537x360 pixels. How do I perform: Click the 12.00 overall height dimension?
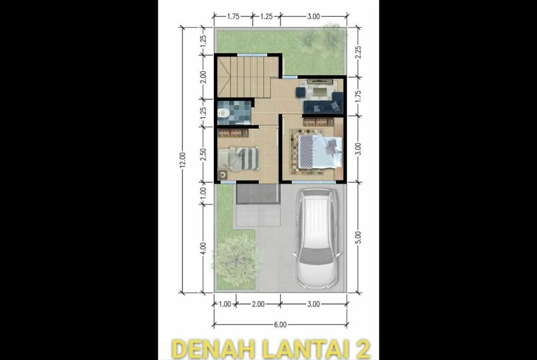tap(183, 160)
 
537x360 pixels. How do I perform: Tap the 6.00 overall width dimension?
tap(280, 324)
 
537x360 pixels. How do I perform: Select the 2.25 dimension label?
tap(358, 52)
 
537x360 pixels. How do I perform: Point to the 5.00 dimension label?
tap(358, 237)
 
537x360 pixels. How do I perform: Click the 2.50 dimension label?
tap(203, 155)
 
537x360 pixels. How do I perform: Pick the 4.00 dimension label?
tap(203, 248)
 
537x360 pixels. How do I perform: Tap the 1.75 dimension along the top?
tap(233, 16)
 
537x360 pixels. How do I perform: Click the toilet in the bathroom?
tap(223, 112)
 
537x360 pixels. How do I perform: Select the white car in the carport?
tap(317, 238)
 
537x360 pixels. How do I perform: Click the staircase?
tap(244, 78)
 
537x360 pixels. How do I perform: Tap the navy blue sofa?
tap(323, 103)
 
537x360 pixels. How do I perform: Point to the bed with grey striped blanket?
tap(239, 158)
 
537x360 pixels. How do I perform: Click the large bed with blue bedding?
tap(320, 152)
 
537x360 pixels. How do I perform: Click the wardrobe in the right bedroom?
tap(319, 122)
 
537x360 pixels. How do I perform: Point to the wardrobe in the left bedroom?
tap(233, 133)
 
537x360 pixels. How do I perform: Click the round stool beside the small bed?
tap(223, 175)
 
